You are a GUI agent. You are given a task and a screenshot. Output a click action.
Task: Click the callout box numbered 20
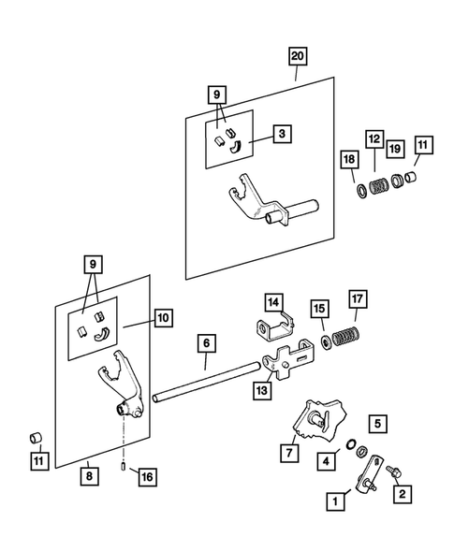click(x=298, y=56)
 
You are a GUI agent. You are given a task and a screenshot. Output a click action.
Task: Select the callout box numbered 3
click(x=282, y=134)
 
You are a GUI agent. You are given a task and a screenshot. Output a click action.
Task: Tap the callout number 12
click(x=374, y=139)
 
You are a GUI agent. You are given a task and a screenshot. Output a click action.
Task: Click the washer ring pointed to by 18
click(x=361, y=190)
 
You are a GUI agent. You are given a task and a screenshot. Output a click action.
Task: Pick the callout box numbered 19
click(x=395, y=149)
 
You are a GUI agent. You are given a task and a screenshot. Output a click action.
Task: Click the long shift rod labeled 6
click(x=207, y=383)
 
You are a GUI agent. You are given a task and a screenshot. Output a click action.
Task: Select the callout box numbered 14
click(x=273, y=302)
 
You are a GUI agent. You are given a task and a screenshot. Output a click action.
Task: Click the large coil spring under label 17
click(x=345, y=336)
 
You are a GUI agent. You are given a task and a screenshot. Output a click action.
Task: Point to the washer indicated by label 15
click(x=326, y=341)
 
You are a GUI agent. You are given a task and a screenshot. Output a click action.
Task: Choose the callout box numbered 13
click(x=262, y=390)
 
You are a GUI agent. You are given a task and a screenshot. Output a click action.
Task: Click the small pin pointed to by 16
click(x=124, y=468)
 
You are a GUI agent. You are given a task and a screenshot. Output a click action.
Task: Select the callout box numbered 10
click(x=163, y=318)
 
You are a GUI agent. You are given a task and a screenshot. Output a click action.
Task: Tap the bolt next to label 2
click(x=394, y=471)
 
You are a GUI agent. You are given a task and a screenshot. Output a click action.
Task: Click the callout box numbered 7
click(x=289, y=453)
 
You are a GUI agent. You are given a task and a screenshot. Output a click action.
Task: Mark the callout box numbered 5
click(x=377, y=424)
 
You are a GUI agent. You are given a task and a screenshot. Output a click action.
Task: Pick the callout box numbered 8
click(x=89, y=476)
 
